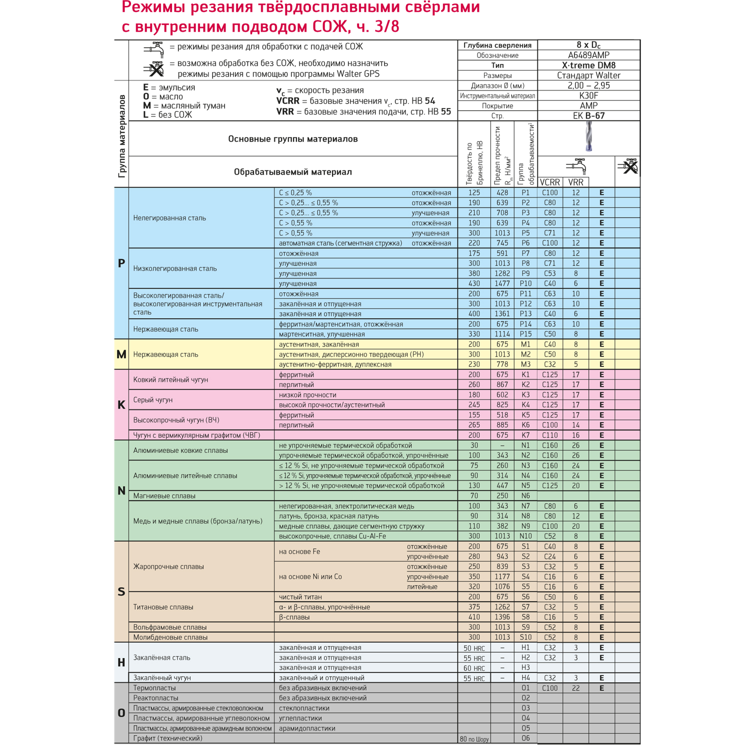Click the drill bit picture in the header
[588, 137]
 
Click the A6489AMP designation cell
[588, 55]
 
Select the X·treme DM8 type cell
[588, 65]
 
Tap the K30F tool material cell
[588, 95]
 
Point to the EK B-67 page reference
[588, 116]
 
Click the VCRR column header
[550, 182]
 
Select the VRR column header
[575, 182]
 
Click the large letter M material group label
[121, 354]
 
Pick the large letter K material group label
[121, 405]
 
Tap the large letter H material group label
[121, 662]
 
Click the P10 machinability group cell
[525, 283]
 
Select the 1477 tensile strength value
[502, 283]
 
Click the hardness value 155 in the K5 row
[473, 415]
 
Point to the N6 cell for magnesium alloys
[525, 496]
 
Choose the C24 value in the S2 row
[550, 556]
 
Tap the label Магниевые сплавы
[164, 496]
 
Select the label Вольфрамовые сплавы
[169, 627]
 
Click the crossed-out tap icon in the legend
[154, 69]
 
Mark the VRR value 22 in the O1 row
[575, 688]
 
